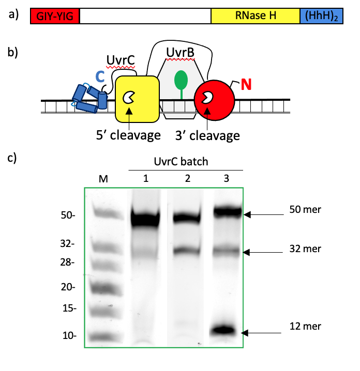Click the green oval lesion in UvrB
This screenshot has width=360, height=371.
pos(181,79)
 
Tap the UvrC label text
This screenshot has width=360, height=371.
pos(121,60)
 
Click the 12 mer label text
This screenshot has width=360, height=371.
pos(306,326)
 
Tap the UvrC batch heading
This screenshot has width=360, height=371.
pos(184,161)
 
